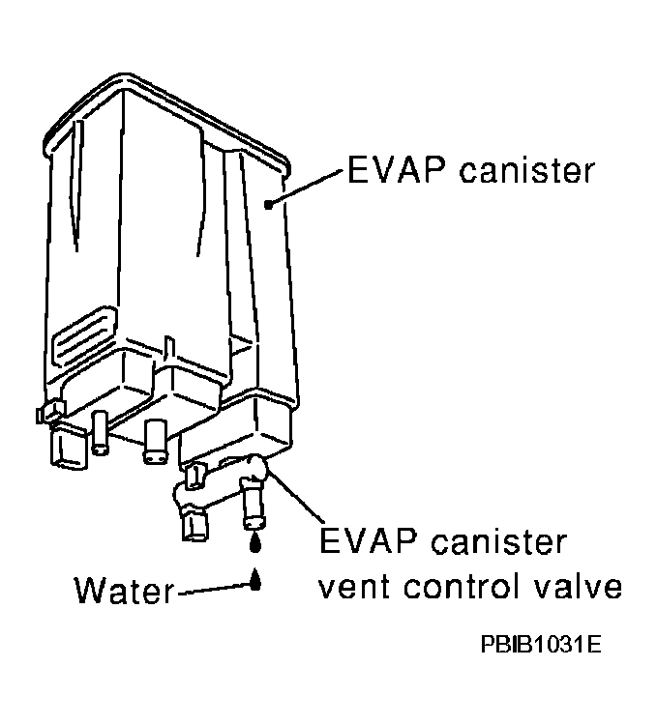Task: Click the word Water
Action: coord(125,590)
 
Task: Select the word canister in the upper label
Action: coord(526,169)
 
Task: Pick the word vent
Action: coord(354,587)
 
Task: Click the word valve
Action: coord(578,586)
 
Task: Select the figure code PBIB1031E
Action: coord(541,644)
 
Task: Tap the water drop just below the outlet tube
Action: coord(254,542)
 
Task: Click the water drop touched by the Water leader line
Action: coord(254,580)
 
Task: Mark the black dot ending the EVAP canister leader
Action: coord(268,204)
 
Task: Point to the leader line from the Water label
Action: coord(214,589)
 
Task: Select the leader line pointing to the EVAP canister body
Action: coord(306,188)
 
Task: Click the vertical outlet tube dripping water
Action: coord(253,504)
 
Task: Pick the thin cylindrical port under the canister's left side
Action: coord(100,432)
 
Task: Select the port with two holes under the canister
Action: coord(156,441)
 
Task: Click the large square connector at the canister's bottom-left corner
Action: coord(68,447)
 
